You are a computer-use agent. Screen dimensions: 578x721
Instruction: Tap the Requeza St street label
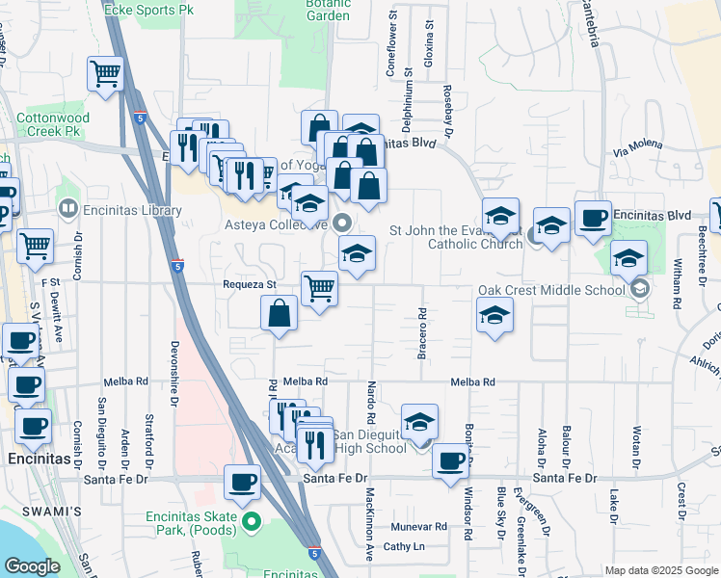[x=250, y=284]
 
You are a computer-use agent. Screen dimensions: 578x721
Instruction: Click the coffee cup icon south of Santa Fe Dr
[x=242, y=481]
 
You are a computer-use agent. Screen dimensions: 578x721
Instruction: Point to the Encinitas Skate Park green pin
[x=253, y=523]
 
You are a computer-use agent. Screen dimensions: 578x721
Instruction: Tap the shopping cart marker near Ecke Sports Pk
[x=105, y=73]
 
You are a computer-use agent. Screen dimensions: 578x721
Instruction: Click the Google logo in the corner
[x=32, y=566]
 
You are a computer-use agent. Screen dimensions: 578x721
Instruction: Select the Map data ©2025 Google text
[x=660, y=570]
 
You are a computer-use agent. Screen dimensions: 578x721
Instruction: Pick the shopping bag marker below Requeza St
[x=279, y=314]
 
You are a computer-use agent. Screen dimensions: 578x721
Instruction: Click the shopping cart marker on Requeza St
[x=319, y=287]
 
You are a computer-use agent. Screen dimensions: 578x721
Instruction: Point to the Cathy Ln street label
[x=404, y=546]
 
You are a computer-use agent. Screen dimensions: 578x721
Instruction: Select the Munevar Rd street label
[x=419, y=527]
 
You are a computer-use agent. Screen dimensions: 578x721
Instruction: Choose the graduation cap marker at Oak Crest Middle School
[x=628, y=257]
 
